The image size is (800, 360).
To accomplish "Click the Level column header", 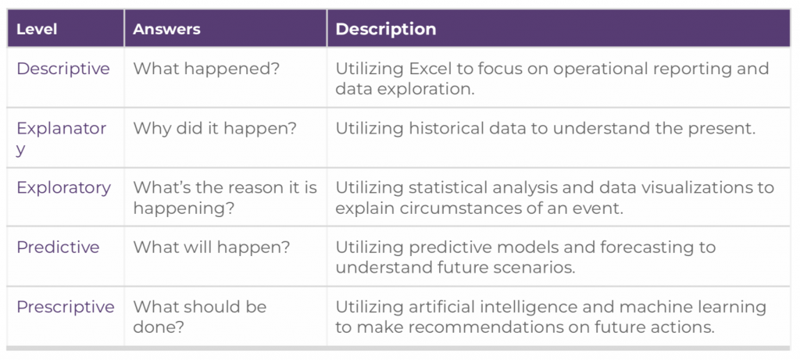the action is [x=37, y=29].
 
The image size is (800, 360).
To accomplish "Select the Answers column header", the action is [x=166, y=29].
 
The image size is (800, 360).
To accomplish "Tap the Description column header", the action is [x=386, y=29].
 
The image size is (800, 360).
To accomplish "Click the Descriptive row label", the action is [x=63, y=68].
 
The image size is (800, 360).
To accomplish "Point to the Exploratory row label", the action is [x=64, y=187].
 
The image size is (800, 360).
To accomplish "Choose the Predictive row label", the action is [x=58, y=248].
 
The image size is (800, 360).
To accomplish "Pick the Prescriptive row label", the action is [x=66, y=308].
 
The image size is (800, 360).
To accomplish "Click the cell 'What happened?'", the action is [x=206, y=69].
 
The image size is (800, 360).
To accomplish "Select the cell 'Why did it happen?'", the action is [x=215, y=129].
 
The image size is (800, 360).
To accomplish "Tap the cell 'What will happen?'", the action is [x=212, y=248].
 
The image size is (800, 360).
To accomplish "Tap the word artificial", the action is [x=446, y=307].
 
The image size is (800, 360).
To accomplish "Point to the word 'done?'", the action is [x=158, y=327].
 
